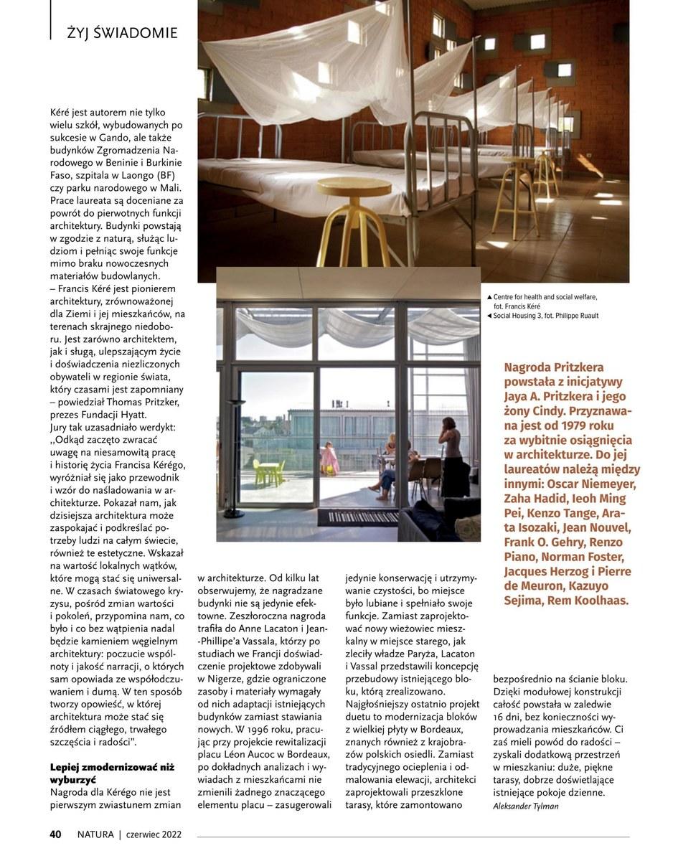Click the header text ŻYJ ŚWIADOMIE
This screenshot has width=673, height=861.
122,33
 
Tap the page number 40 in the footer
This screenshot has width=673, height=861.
55,834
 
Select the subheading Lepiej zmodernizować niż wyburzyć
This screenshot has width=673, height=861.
112,773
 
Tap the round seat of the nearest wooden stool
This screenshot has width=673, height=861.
353,186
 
